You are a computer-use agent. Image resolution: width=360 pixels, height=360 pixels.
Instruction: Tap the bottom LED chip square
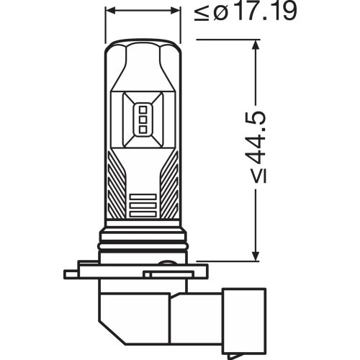click(x=142, y=129)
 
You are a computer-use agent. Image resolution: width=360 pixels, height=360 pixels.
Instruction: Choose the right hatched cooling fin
click(x=168, y=184)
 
